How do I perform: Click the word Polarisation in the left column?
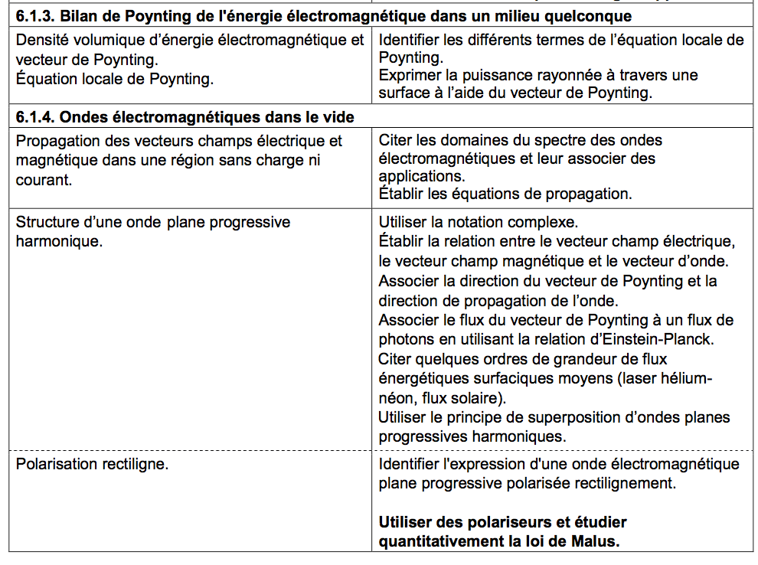(x=54, y=465)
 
